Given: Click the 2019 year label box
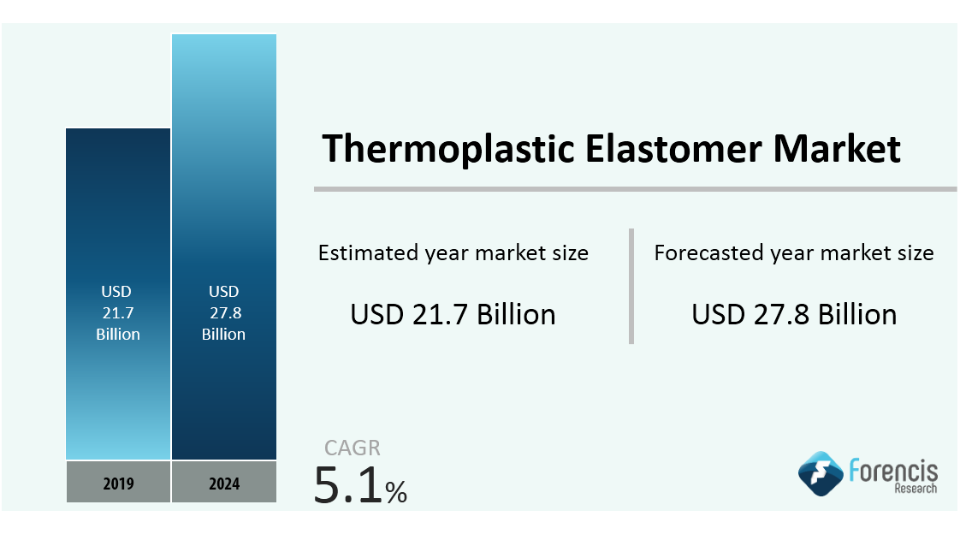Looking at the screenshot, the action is click(x=118, y=482).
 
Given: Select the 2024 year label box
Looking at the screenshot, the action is click(x=224, y=482).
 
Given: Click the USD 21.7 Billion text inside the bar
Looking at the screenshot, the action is click(x=117, y=312).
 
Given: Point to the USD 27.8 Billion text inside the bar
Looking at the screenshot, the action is click(x=224, y=312).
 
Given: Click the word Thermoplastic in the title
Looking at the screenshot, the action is click(x=448, y=149).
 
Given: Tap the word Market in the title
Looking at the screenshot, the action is click(x=837, y=149).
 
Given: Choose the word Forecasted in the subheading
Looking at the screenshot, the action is click(x=709, y=252).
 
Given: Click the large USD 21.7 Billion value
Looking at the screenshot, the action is click(x=453, y=314).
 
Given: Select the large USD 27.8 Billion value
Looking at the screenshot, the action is click(x=794, y=314).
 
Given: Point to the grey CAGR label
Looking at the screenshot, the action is click(x=352, y=448).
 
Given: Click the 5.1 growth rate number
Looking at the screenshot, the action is click(x=347, y=484).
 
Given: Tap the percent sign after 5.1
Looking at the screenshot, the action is click(x=396, y=492).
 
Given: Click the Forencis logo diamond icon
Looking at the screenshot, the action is click(x=821, y=473).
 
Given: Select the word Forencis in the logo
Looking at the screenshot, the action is click(x=893, y=471).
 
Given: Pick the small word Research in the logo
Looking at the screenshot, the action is click(x=916, y=489).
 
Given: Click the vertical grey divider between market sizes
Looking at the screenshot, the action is click(x=631, y=286).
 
